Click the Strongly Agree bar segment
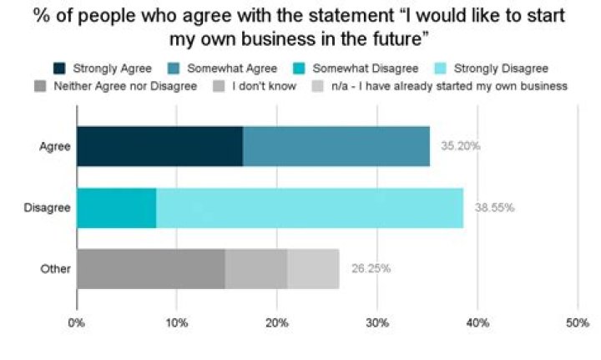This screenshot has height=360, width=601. tap(159, 146)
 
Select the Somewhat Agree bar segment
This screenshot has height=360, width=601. tap(336, 146)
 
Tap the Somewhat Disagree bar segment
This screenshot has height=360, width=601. tap(116, 207)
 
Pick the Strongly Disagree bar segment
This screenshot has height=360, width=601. tap(309, 207)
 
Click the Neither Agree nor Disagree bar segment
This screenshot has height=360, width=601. tap(150, 269)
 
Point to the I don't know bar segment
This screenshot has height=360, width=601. tap(255, 269)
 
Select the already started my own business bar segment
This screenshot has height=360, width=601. tap(313, 269)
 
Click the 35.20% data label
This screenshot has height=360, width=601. tap(460, 146)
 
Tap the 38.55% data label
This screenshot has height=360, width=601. tap(492, 207)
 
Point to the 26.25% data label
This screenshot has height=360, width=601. tap(370, 269)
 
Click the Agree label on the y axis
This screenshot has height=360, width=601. tap(55, 146)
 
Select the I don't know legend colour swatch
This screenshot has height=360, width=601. tap(220, 86)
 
